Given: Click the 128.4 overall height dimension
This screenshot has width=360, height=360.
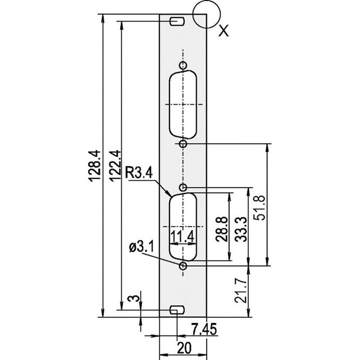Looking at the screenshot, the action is click(95, 166).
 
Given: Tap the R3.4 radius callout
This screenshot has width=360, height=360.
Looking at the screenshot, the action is click(139, 173).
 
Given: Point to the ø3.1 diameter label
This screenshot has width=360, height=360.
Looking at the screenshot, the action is click(142, 247).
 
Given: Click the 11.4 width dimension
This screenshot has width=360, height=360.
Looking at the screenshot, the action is click(183, 237).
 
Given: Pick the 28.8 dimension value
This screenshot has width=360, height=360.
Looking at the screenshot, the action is click(222, 229).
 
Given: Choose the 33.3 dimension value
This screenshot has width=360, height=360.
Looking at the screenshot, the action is click(241, 229).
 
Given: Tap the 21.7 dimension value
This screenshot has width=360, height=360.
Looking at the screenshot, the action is click(241, 290).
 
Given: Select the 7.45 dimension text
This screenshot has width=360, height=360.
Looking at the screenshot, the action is click(204, 329).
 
